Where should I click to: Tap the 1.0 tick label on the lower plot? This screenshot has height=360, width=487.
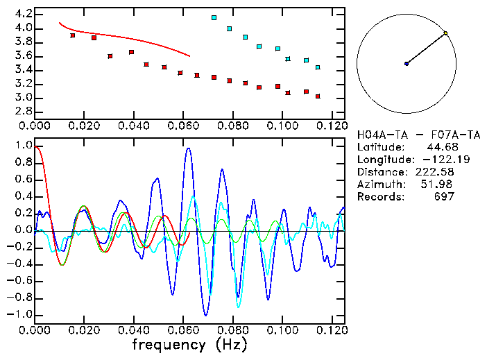(x=24, y=146)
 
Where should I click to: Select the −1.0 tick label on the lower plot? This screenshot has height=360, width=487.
(x=21, y=314)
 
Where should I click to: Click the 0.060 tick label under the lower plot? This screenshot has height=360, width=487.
(x=183, y=330)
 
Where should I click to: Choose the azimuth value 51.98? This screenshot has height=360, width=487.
(x=438, y=185)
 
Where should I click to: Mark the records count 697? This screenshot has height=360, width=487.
(x=444, y=197)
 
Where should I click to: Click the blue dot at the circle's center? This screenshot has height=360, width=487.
(x=407, y=64)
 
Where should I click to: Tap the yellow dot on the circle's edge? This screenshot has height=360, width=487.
(x=445, y=33)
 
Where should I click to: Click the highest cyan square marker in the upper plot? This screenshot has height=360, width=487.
(x=214, y=17)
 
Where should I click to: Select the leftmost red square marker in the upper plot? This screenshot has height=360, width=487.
(x=73, y=35)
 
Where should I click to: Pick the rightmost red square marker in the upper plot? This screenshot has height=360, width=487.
(x=318, y=96)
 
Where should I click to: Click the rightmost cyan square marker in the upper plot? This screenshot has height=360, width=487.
(x=318, y=67)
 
